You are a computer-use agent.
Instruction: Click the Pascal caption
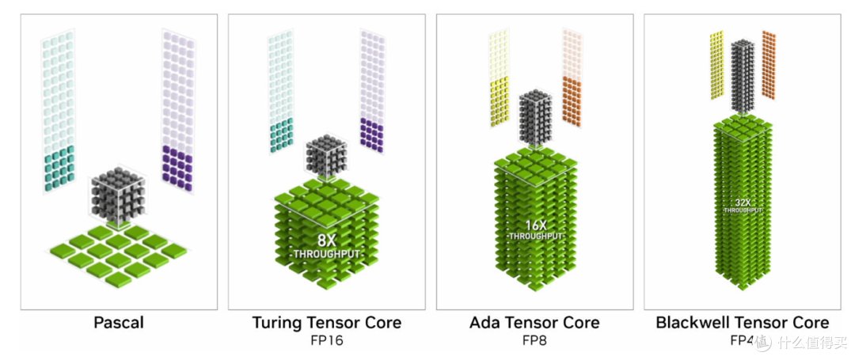(x=119, y=323)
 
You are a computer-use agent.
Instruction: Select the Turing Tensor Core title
(x=326, y=323)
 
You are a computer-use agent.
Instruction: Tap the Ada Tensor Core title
(x=534, y=323)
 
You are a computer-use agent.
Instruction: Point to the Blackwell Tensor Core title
(x=742, y=323)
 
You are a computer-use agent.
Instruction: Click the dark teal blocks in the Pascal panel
(x=59, y=171)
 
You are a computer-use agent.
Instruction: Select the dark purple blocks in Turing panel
(x=371, y=134)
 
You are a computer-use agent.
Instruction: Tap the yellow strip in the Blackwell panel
(x=716, y=65)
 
